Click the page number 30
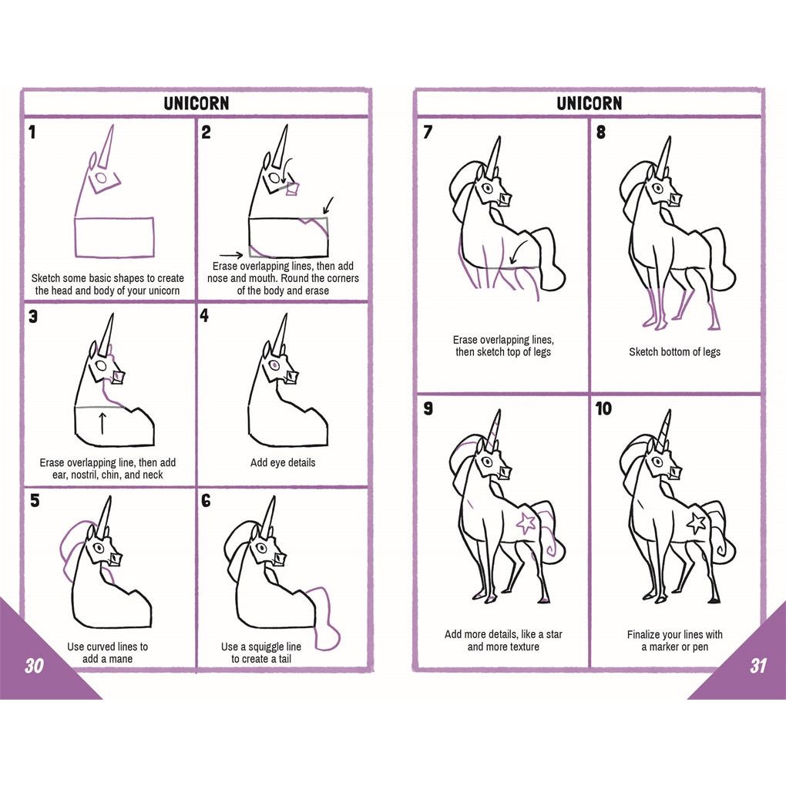point(34,665)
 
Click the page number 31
point(758,665)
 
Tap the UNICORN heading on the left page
point(196,103)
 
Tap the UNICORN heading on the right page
point(589,103)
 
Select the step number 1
point(32,133)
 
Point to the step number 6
point(206,500)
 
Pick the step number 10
point(603,408)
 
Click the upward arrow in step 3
point(102,422)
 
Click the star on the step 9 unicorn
point(526,522)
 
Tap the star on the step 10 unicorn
point(697,522)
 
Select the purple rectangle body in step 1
point(114,237)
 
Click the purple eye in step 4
point(274,364)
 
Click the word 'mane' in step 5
point(120,659)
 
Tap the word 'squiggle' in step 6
point(274,647)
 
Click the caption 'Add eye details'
point(283,462)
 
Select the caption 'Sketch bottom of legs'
point(675,352)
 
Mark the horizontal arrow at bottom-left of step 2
point(231,255)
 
